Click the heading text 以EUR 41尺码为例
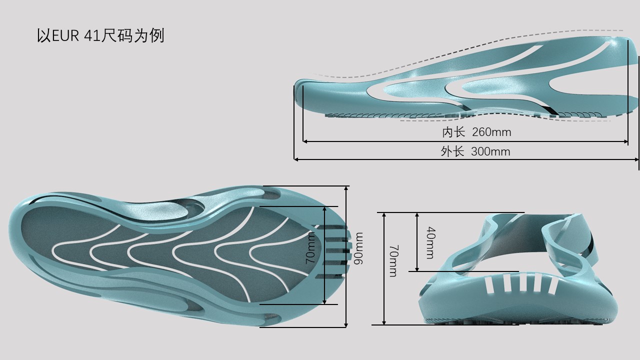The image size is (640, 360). (x=100, y=36)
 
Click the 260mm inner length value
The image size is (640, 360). (x=491, y=132)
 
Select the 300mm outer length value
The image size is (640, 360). (x=490, y=151)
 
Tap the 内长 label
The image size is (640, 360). (x=453, y=132)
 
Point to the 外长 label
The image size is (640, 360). (x=452, y=151)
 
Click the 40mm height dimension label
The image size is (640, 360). (x=429, y=243)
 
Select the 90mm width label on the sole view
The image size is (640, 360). (x=358, y=248)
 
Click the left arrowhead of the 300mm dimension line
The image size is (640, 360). (x=296, y=159)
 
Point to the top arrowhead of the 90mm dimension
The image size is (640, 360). (x=346, y=188)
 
